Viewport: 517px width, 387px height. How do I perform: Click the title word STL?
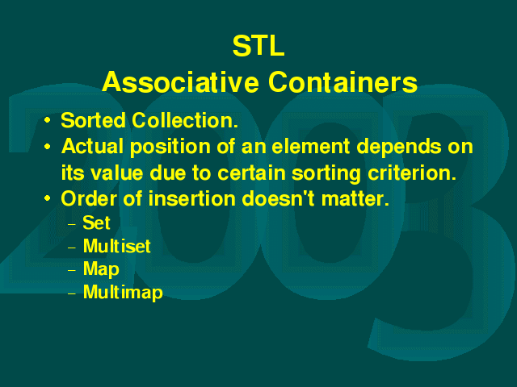[x=258, y=46]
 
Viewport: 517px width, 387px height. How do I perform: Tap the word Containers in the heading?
[x=343, y=82]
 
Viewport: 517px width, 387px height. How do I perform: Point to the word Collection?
[x=185, y=120]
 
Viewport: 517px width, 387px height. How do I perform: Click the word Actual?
[x=92, y=146]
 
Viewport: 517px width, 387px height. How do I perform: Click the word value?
[x=116, y=173]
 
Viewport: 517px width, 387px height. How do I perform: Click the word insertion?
[x=195, y=199]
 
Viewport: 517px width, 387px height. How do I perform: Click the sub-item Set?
[x=96, y=223]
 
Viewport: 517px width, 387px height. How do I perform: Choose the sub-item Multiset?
[x=116, y=246]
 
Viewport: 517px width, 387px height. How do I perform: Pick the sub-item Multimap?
[x=123, y=292]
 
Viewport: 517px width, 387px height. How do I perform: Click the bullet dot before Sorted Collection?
[x=48, y=120]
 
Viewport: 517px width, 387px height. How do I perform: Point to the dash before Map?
[x=72, y=271]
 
